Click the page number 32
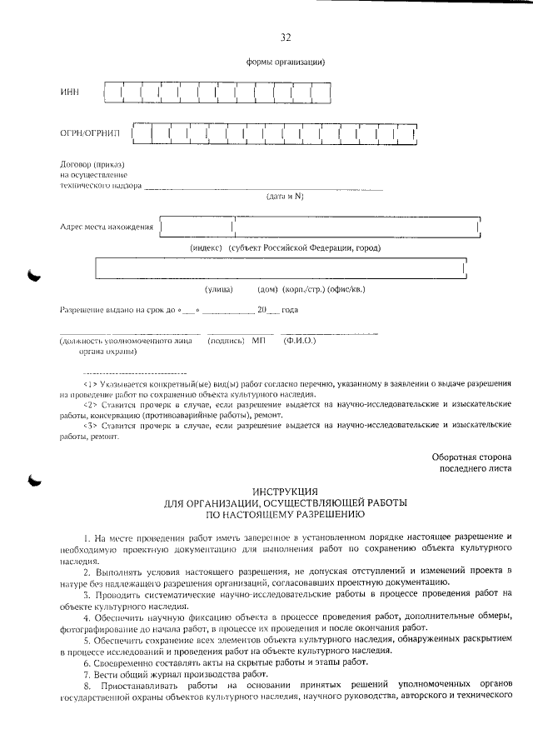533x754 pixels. [286, 37]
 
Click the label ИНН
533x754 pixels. [69, 92]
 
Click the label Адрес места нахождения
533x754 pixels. [107, 227]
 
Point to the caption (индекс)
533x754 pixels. [205, 247]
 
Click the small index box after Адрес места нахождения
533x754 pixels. [197, 226]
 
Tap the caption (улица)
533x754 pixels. [219, 289]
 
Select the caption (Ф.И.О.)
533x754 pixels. [300, 340]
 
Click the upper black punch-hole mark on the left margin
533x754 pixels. [34, 276]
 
